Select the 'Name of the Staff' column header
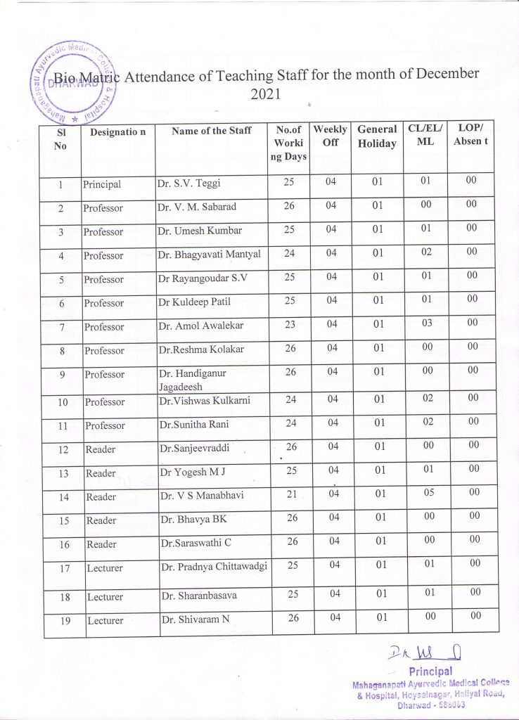211,131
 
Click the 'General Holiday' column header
377,136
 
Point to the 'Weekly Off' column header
331,136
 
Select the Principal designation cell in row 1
102,184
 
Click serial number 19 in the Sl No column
63,620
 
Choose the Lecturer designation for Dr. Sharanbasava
105,597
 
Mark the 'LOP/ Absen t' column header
470,134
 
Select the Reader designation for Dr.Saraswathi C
101,544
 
